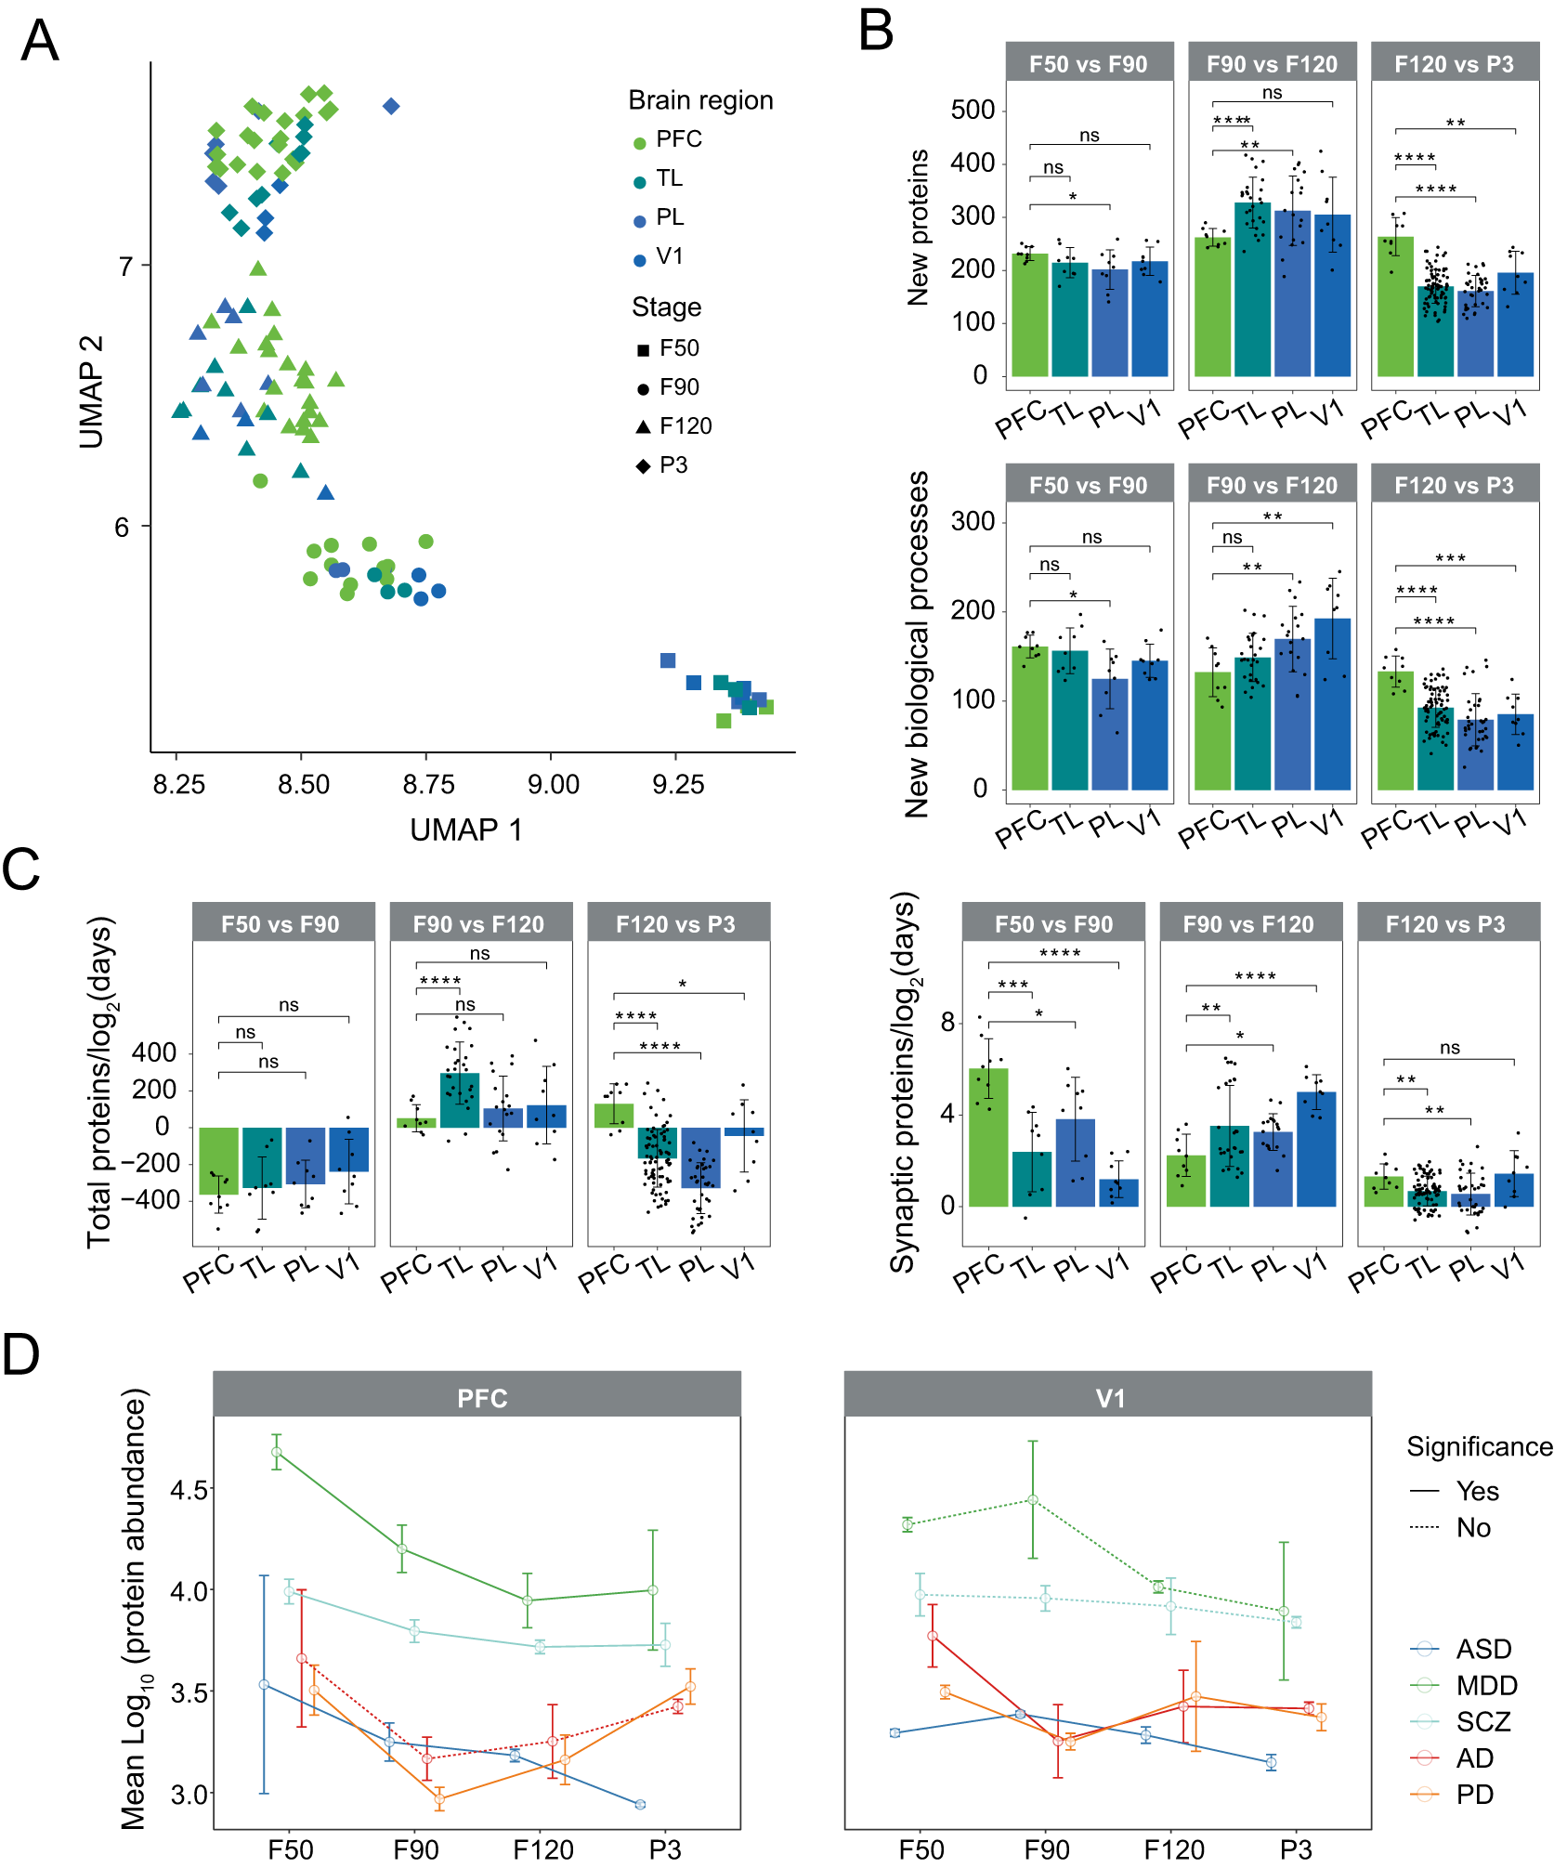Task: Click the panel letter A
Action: [x=39, y=42]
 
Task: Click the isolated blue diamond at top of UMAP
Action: [x=391, y=107]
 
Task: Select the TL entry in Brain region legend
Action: [x=667, y=178]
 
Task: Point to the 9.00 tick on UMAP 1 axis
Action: [x=553, y=785]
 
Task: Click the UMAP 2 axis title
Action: [x=91, y=392]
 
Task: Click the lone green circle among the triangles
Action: [x=260, y=480]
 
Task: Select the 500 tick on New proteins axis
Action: [x=973, y=110]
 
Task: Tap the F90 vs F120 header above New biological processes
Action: [x=1271, y=485]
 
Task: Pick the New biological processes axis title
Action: [x=917, y=644]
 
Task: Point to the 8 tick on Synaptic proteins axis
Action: [x=947, y=1022]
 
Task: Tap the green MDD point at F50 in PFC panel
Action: [x=276, y=1452]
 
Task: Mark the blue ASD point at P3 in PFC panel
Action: [x=640, y=1804]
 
